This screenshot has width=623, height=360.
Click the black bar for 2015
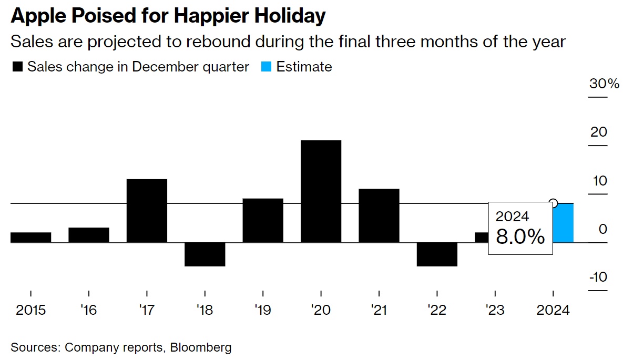point(30,238)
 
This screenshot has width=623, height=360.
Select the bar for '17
point(147,211)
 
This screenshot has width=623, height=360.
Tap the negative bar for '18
point(205,254)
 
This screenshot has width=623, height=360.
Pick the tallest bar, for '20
point(321,191)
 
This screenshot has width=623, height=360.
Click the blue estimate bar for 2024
point(564,223)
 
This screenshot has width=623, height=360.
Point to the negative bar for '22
point(437,254)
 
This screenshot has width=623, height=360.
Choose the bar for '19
point(263,221)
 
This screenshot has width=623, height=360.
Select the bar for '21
point(379,215)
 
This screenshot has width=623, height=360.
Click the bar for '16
point(89,235)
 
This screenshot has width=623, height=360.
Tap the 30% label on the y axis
point(604,84)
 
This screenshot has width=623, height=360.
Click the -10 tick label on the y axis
point(598,277)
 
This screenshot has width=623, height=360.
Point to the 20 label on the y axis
point(599,132)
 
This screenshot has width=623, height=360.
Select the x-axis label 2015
point(31,310)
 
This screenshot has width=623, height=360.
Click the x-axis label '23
point(495,310)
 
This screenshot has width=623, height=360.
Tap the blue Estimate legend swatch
point(267,67)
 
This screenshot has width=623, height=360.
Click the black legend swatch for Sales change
point(17,67)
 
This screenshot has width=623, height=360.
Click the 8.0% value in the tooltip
point(520,237)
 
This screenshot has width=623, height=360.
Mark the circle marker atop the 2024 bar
point(553,203)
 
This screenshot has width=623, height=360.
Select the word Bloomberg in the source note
point(201,347)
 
